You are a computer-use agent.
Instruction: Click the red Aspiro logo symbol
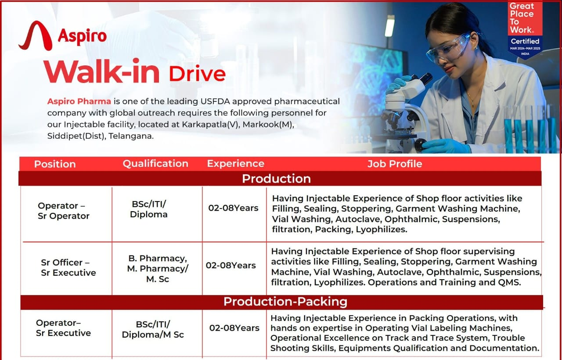pyautogui.click(x=36, y=36)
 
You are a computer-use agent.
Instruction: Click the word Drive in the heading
pyautogui.click(x=197, y=73)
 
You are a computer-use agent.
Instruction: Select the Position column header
pyautogui.click(x=55, y=164)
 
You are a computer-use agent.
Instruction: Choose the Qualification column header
pyautogui.click(x=155, y=164)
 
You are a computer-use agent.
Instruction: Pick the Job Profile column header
pyautogui.click(x=394, y=164)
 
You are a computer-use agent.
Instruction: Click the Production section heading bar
pyautogui.click(x=276, y=179)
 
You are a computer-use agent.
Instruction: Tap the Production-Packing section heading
pyautogui.click(x=285, y=302)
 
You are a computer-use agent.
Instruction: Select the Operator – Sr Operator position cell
pyautogui.click(x=64, y=211)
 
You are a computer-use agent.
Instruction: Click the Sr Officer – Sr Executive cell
pyautogui.click(x=68, y=267)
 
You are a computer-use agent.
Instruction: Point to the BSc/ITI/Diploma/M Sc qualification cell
pyautogui.click(x=153, y=329)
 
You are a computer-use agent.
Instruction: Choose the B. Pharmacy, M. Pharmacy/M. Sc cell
pyautogui.click(x=157, y=268)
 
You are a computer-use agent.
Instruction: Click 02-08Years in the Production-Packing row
pyautogui.click(x=234, y=328)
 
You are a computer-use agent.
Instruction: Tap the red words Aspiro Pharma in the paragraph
pyautogui.click(x=79, y=101)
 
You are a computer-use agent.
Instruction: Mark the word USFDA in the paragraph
pyautogui.click(x=213, y=101)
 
